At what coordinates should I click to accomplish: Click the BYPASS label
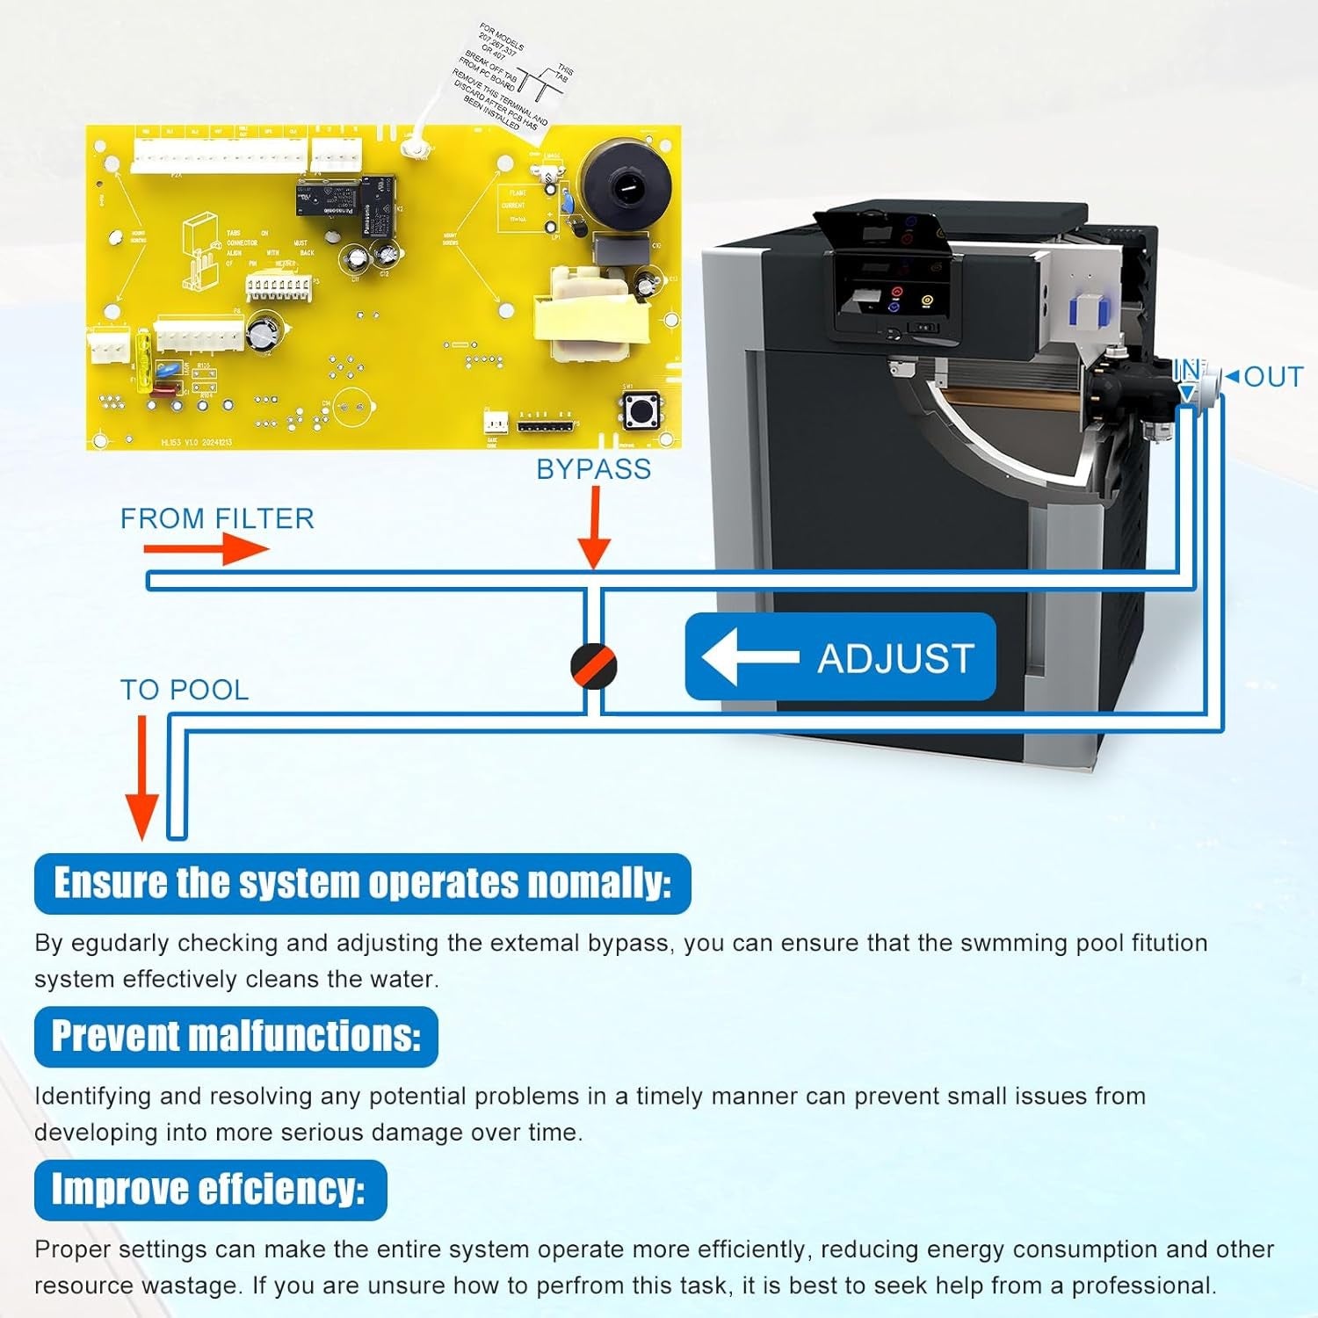tap(594, 469)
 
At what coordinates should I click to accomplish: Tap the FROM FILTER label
tap(217, 518)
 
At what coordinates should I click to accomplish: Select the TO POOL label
tap(185, 690)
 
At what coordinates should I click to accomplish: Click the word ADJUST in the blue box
tap(895, 658)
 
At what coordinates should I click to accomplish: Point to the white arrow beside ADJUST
tap(749, 656)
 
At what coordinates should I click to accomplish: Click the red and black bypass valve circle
tap(594, 665)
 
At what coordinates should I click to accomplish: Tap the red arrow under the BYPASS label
tap(595, 527)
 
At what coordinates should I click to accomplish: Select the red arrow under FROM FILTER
tap(206, 550)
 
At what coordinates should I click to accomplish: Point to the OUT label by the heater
tap(1273, 377)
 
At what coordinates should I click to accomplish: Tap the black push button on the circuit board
tap(642, 409)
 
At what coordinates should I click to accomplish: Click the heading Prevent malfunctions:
tap(235, 1037)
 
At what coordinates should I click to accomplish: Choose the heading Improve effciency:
tap(209, 1190)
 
